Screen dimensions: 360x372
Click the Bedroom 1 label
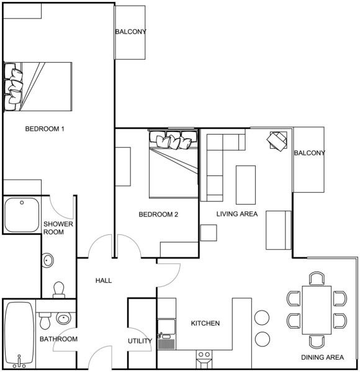coord(45,129)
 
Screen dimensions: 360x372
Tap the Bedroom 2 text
coord(158,215)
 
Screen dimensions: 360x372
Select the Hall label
coord(104,280)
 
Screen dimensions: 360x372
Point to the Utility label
coord(140,341)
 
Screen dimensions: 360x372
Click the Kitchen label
coord(205,323)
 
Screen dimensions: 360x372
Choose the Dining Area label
coord(322,357)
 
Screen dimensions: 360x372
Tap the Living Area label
coord(237,214)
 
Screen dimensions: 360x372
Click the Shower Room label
coord(58,228)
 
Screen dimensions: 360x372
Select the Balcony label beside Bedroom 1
coord(130,32)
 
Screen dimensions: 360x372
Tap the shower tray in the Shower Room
coord(22,215)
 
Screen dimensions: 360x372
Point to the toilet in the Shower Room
coord(59,290)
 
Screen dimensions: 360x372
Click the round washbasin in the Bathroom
coord(64,319)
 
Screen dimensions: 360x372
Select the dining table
coord(317,310)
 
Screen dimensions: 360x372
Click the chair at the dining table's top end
coord(317,278)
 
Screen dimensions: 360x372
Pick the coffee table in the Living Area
coord(246,185)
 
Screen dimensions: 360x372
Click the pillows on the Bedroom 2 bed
coord(173,139)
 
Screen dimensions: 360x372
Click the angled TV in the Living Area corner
coord(277,141)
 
